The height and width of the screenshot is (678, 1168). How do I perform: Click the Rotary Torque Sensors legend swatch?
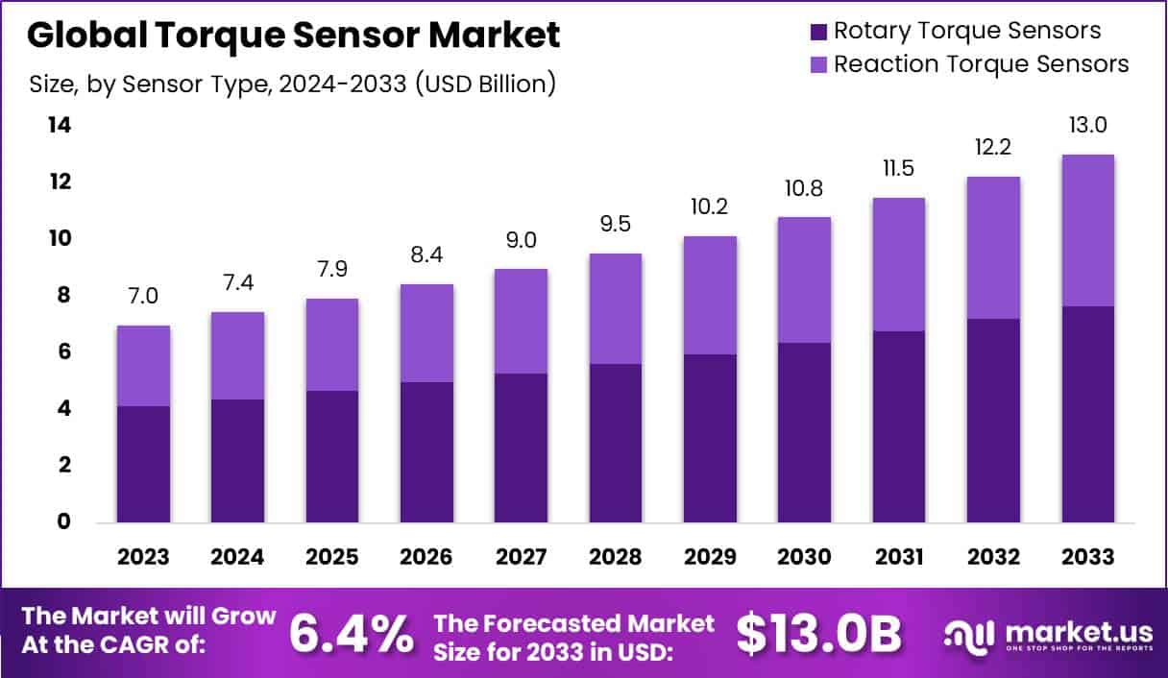pos(818,32)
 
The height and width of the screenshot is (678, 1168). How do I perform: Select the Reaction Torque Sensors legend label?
pos(981,64)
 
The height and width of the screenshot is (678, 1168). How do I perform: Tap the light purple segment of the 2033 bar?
pos(1088,230)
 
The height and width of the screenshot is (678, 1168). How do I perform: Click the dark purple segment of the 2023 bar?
pos(144,464)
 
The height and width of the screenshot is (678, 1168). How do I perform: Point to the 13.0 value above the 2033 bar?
pos(1088,126)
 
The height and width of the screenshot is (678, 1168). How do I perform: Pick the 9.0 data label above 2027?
pos(522,240)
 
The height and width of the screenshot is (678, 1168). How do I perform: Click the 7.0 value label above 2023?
pos(144,297)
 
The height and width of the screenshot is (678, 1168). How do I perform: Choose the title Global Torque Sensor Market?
pos(293,36)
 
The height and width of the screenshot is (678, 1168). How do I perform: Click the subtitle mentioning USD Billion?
pos(293,85)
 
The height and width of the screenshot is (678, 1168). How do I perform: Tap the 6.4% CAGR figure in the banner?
pos(352,633)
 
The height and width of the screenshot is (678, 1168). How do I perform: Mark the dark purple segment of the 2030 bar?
pos(805,432)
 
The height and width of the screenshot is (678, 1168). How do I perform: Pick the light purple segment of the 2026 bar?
pos(426,333)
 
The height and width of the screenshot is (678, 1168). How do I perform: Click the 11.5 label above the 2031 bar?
pos(899,169)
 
